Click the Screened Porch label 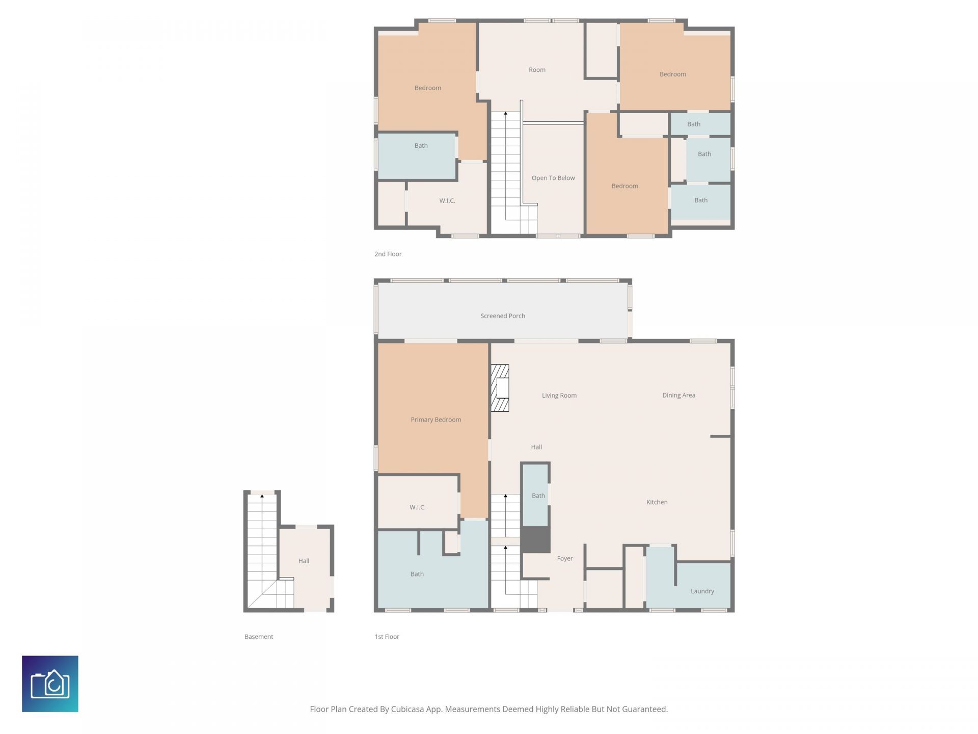(x=502, y=316)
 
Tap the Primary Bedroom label (x=436, y=420)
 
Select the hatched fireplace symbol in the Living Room (x=500, y=388)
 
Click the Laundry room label (x=702, y=591)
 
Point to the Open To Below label (x=553, y=178)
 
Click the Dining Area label (x=678, y=395)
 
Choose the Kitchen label (x=657, y=502)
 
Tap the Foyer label (x=564, y=559)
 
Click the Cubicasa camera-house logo (x=50, y=684)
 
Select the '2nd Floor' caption (x=388, y=254)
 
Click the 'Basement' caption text (x=259, y=637)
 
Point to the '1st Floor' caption (x=387, y=637)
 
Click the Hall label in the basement (x=304, y=561)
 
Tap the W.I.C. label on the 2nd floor (x=447, y=201)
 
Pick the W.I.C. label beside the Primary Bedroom (x=417, y=507)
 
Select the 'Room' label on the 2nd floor (x=537, y=70)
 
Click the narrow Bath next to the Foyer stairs (x=535, y=495)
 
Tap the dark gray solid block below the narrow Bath (x=535, y=539)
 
